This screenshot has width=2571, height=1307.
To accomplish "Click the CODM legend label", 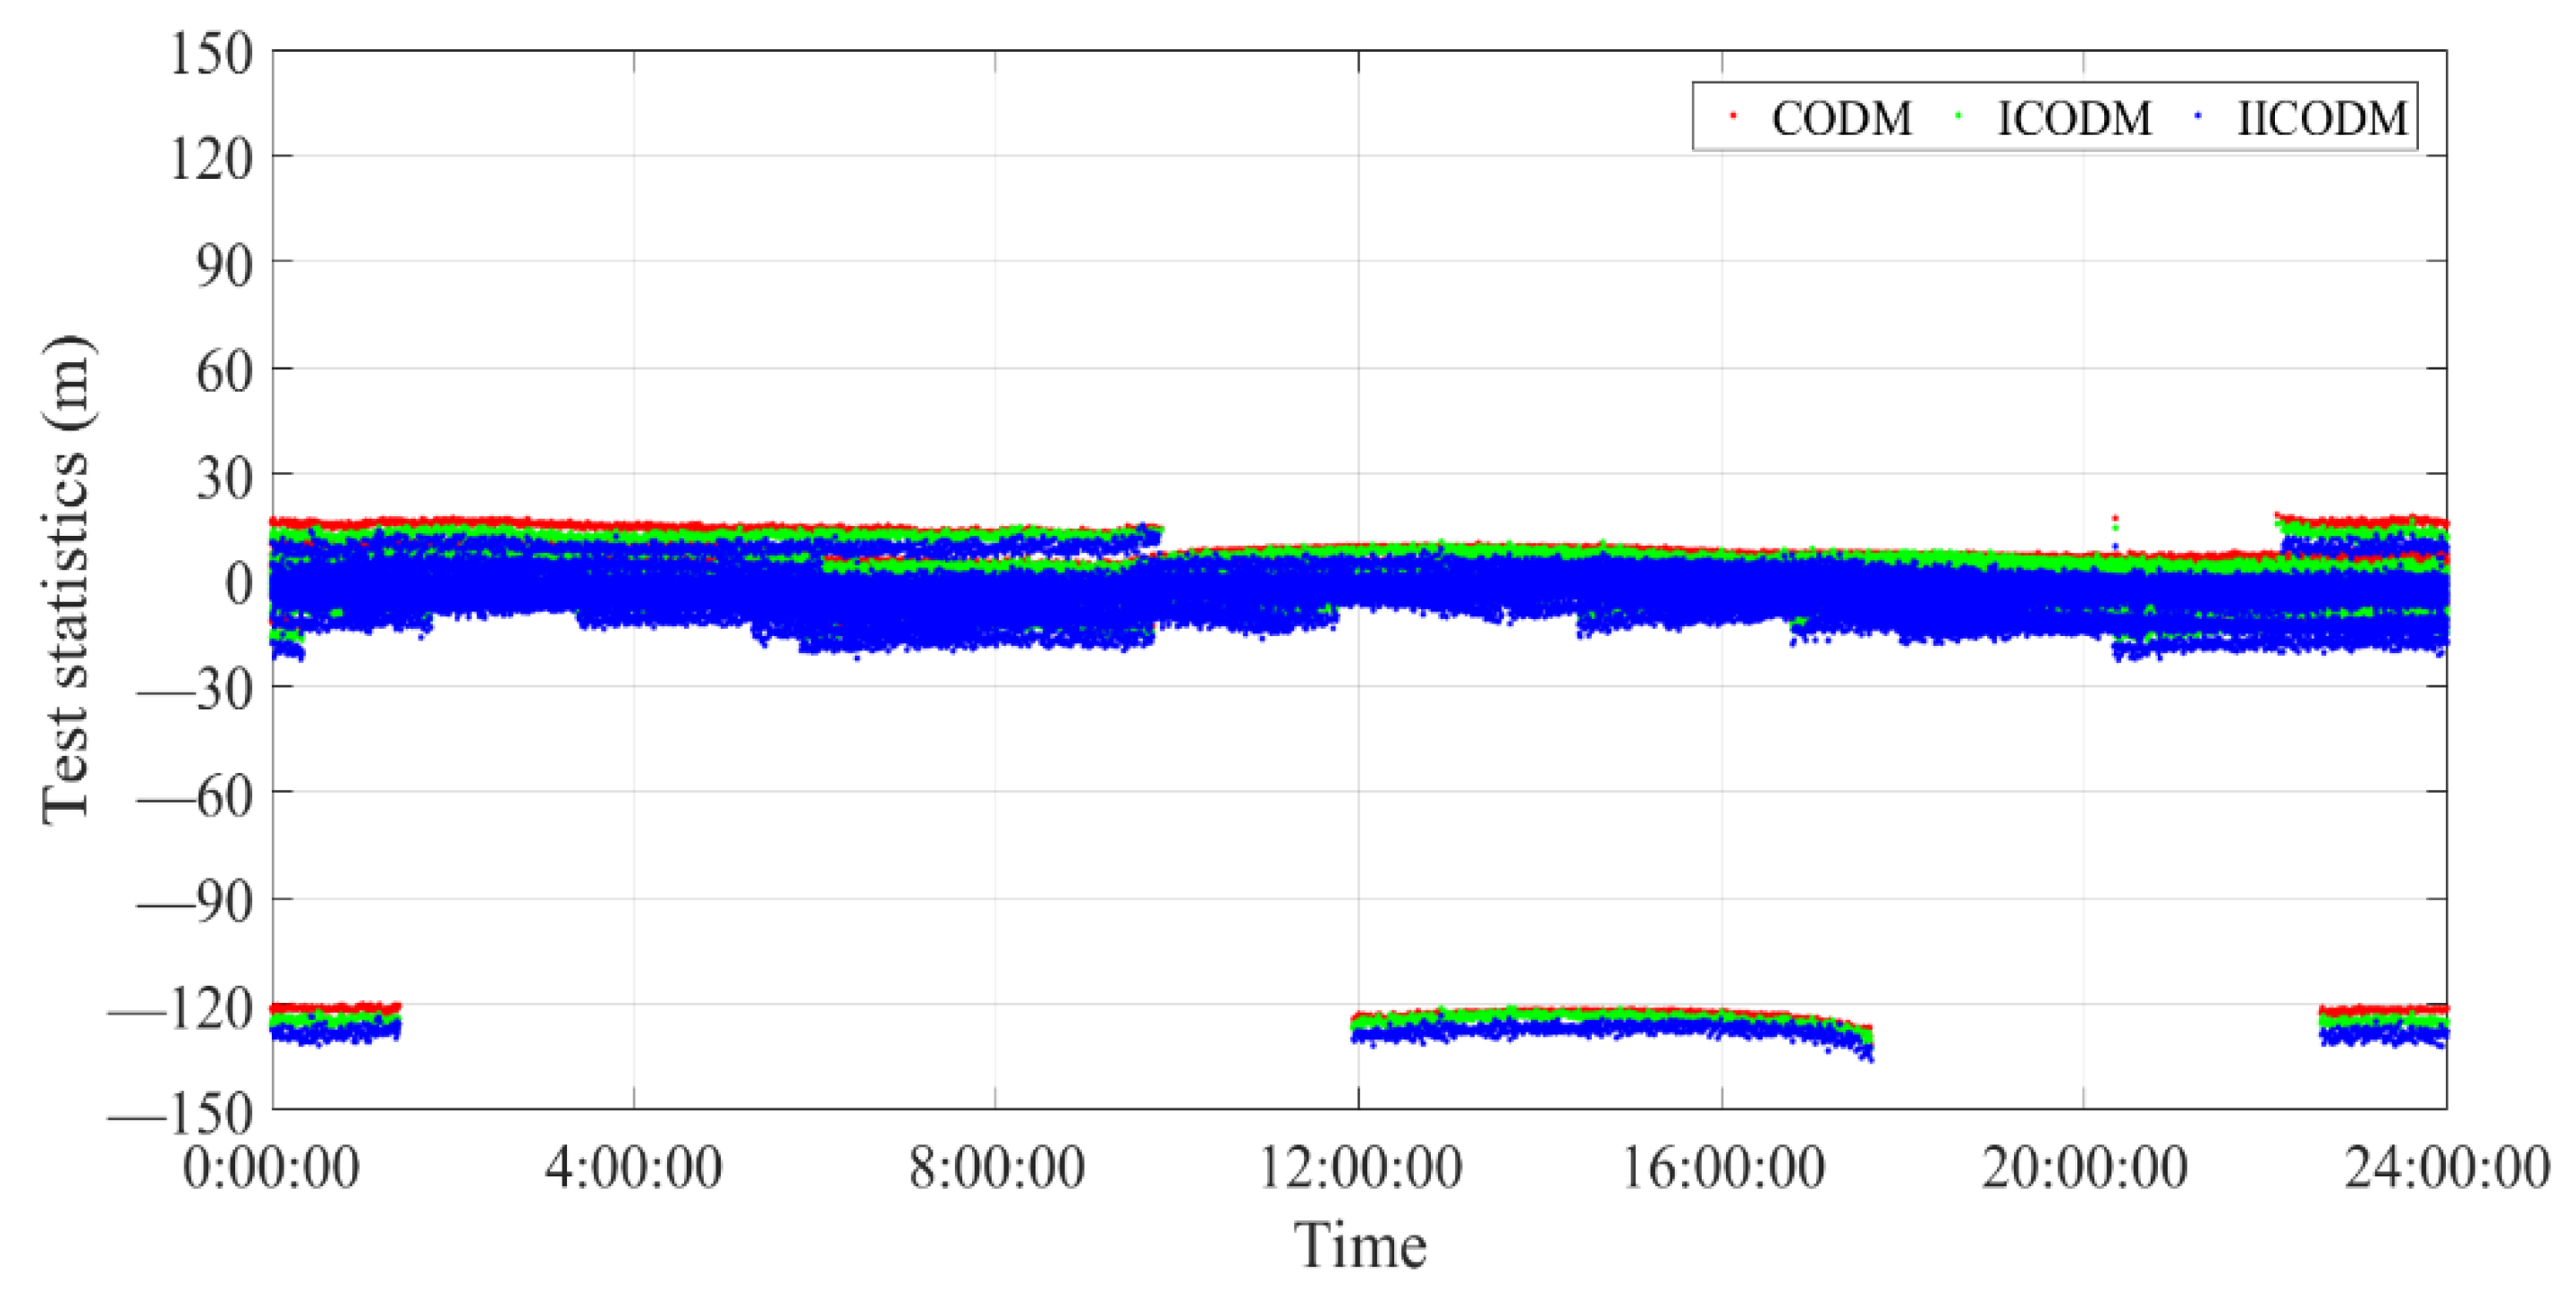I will pos(1841,119).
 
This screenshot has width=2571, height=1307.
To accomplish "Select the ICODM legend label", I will pos(2074,119).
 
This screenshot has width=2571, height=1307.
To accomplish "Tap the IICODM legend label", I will pos(2322,119).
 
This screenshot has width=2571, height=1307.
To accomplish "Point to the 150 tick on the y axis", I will pos(210,52).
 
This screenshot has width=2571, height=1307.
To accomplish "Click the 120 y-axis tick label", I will pos(210,157).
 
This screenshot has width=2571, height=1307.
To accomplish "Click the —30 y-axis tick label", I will pos(195,688).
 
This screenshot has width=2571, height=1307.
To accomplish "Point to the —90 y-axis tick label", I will pos(195,901).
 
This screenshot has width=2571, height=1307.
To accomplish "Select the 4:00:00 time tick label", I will pos(633,1167).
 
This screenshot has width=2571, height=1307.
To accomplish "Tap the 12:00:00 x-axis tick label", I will pos(1359,1167).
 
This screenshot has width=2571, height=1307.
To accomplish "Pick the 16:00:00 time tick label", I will pos(1722,1167).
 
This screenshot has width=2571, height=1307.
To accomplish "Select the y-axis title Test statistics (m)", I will pos(66,579).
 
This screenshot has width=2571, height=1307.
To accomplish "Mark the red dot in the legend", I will pos(1734,117).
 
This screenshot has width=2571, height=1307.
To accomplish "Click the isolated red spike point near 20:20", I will pos(2114,518).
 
